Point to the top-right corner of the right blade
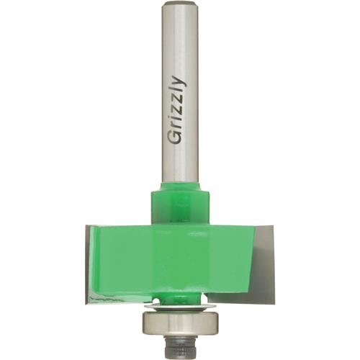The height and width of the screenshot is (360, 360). pyautogui.click(x=273, y=228)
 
